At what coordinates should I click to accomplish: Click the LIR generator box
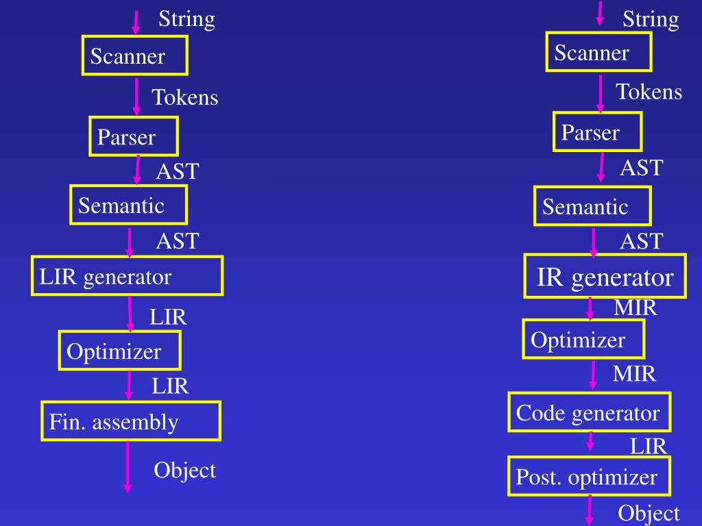tap(127, 275)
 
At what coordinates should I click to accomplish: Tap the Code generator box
tap(589, 412)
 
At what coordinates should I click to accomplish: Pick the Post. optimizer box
tap(589, 476)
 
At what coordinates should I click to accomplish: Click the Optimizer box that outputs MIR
tap(583, 339)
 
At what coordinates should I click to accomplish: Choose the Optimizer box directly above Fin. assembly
tap(120, 351)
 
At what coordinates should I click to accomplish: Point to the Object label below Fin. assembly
tap(184, 471)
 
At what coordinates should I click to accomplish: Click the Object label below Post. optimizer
tap(649, 513)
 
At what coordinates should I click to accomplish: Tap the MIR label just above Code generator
tap(634, 374)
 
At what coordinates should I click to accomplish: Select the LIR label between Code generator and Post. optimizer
tap(649, 447)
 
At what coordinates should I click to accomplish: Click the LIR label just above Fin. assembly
tap(170, 387)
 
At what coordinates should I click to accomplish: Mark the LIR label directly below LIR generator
tap(168, 317)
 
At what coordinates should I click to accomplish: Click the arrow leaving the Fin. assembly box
tap(128, 466)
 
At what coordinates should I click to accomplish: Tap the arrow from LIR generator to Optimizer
tap(130, 313)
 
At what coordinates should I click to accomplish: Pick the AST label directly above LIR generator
tap(178, 241)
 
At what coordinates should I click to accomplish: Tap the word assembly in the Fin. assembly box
tap(135, 422)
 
